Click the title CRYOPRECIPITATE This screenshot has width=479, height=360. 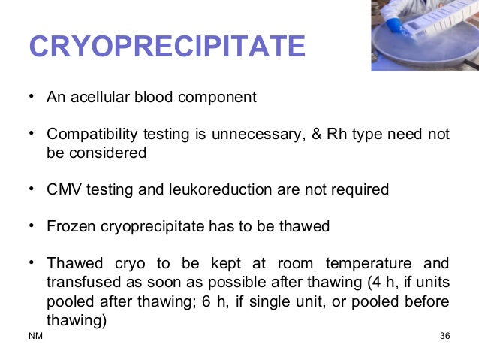(x=167, y=47)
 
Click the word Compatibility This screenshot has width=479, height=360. (x=90, y=135)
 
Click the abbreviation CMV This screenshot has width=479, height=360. (x=62, y=189)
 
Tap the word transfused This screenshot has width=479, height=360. (x=77, y=281)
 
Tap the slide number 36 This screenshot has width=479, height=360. (x=444, y=335)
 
